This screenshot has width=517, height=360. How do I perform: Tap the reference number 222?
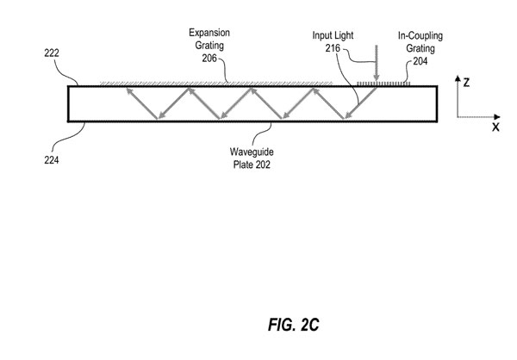pos(53,52)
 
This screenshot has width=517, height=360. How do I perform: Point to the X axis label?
pos(495,126)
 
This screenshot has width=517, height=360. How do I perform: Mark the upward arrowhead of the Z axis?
pos(457,79)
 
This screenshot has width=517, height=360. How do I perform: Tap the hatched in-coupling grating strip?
pos(383,84)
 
